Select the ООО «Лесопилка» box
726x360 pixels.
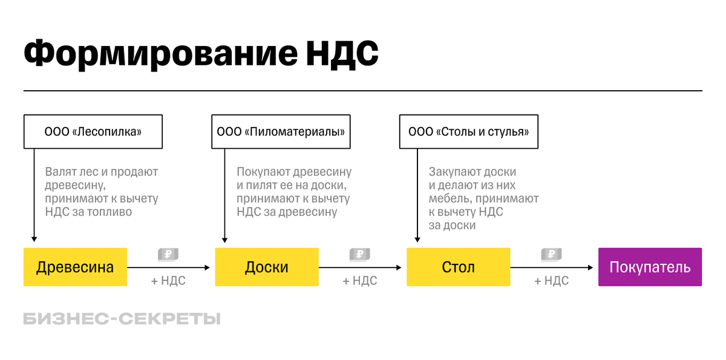click(93, 131)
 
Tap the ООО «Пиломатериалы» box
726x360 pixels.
click(281, 131)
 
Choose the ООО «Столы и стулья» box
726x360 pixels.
click(469, 131)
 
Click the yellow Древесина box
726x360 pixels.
click(75, 267)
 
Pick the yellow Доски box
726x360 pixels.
click(267, 267)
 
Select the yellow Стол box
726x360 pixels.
click(459, 267)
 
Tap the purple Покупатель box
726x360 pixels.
click(650, 267)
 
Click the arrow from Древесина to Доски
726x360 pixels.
click(170, 267)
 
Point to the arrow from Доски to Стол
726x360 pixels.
click(362, 267)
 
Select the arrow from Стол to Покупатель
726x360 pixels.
click(553, 267)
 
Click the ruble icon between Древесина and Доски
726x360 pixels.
click(168, 255)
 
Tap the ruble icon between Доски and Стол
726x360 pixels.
click(359, 255)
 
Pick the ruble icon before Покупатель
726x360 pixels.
click(551, 255)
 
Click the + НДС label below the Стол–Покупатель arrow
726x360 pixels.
click(551, 281)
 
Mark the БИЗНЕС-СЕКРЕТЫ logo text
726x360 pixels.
click(122, 319)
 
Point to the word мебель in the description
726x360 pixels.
click(450, 198)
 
